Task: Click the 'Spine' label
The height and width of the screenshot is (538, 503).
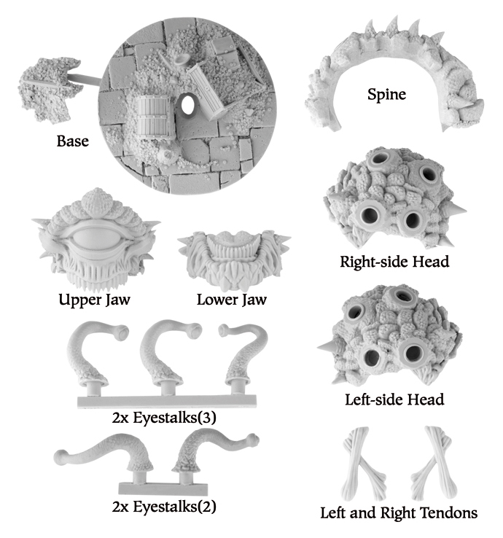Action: click(386, 94)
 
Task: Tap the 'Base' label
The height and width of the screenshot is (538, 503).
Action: click(73, 141)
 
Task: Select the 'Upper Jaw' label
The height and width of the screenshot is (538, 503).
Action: click(94, 299)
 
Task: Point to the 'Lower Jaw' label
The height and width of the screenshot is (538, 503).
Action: click(232, 299)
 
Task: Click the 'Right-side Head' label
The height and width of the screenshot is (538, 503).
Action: click(394, 262)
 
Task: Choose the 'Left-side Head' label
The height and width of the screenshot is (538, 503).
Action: click(394, 399)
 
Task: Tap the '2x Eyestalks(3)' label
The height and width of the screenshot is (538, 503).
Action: click(164, 418)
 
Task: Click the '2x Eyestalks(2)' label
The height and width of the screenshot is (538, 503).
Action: click(164, 507)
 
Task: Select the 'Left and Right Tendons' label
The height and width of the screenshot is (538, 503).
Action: click(399, 513)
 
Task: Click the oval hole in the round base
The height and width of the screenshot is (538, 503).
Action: click(187, 104)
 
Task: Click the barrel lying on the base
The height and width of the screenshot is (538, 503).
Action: click(153, 117)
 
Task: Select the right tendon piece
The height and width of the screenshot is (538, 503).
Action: click(434, 463)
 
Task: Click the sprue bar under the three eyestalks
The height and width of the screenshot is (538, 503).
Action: click(167, 402)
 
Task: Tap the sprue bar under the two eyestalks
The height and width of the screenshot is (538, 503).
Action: click(163, 488)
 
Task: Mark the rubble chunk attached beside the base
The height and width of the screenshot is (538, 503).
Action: click(49, 90)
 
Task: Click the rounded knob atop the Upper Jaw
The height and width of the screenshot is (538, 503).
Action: click(97, 202)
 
